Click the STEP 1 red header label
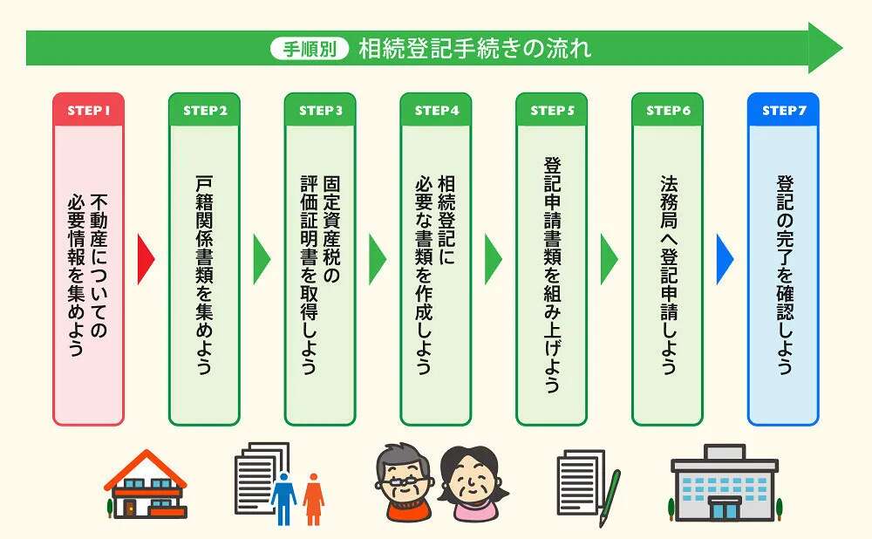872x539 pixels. pyautogui.click(x=88, y=110)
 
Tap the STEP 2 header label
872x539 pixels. pyautogui.click(x=205, y=110)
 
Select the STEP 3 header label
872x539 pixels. pyautogui.click(x=320, y=110)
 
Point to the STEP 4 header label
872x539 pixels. pyautogui.click(x=436, y=110)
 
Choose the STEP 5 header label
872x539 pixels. pyautogui.click(x=552, y=110)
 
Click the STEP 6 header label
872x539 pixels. pyautogui.click(x=667, y=110)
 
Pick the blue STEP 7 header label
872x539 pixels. pyautogui.click(x=783, y=110)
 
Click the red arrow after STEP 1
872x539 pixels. pyautogui.click(x=146, y=259)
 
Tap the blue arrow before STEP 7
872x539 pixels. pyautogui.click(x=725, y=259)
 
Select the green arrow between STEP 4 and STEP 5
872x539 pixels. pyautogui.click(x=493, y=259)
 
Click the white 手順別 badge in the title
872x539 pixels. pyautogui.click(x=310, y=49)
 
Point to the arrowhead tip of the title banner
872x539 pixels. pyautogui.click(x=842, y=48)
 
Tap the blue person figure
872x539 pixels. pyautogui.click(x=283, y=498)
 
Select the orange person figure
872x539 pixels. pyautogui.click(x=314, y=499)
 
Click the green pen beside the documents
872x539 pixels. pyautogui.click(x=610, y=498)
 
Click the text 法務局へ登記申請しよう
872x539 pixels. pyautogui.click(x=668, y=275)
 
